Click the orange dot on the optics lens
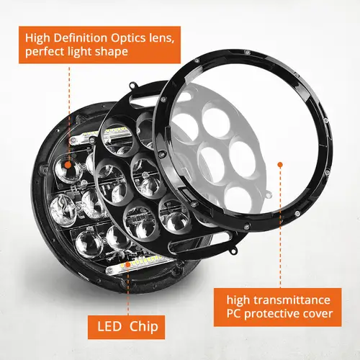68,164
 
